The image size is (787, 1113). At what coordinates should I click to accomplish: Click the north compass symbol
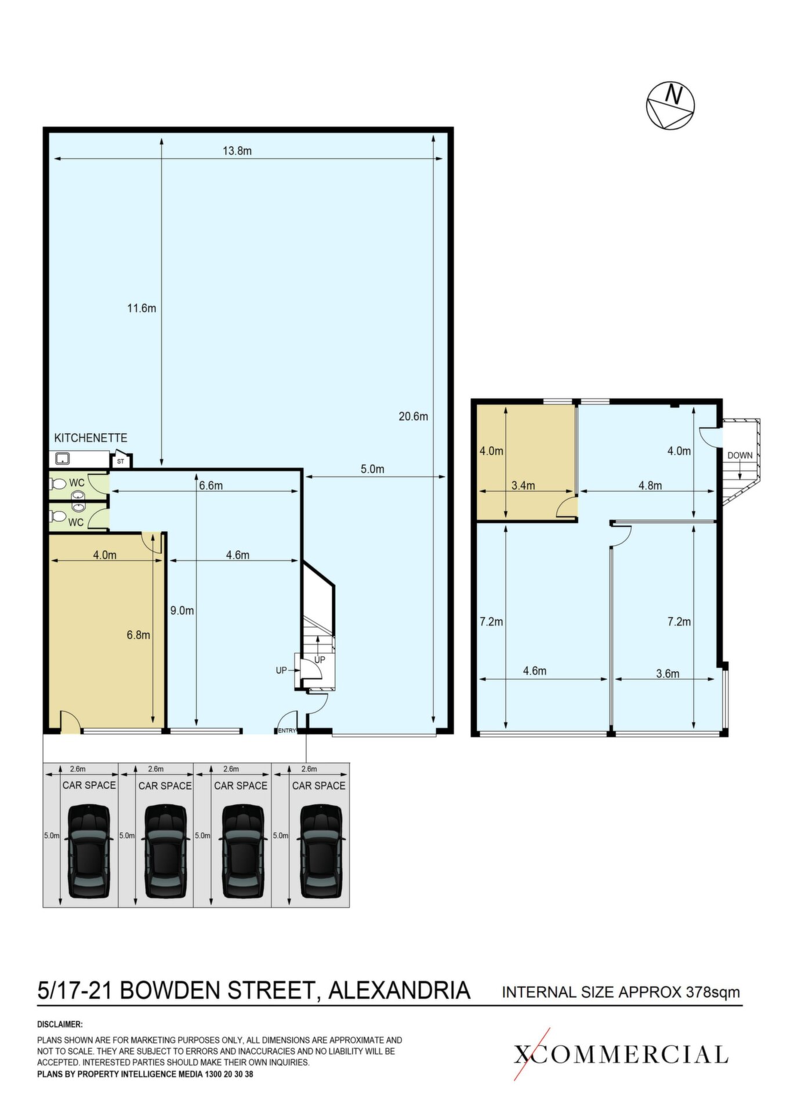(670, 106)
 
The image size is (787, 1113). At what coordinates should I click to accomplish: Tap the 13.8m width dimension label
(237, 151)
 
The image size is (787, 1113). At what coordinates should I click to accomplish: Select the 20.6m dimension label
(413, 416)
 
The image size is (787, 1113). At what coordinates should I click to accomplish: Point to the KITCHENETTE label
(90, 438)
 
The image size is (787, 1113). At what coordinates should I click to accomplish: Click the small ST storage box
(121, 461)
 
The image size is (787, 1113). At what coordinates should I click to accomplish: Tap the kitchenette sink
(62, 460)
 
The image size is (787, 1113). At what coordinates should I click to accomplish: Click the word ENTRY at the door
(286, 730)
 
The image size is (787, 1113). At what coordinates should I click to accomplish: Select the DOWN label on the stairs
(740, 455)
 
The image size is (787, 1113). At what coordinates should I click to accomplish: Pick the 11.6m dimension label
(142, 308)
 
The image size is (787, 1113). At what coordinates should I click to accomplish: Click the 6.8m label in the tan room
(138, 635)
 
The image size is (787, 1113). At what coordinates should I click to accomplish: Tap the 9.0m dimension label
(182, 610)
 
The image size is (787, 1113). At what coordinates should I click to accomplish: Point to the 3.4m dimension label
(523, 486)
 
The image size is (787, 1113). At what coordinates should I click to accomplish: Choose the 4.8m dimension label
(650, 486)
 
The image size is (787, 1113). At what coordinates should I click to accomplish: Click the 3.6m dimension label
(668, 674)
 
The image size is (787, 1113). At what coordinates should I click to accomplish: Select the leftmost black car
(89, 851)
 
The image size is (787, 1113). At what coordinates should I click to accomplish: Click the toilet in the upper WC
(59, 483)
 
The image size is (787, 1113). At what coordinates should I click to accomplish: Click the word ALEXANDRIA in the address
(399, 990)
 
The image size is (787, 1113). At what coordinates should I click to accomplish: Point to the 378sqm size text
(713, 992)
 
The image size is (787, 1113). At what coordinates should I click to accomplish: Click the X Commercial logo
(621, 1054)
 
